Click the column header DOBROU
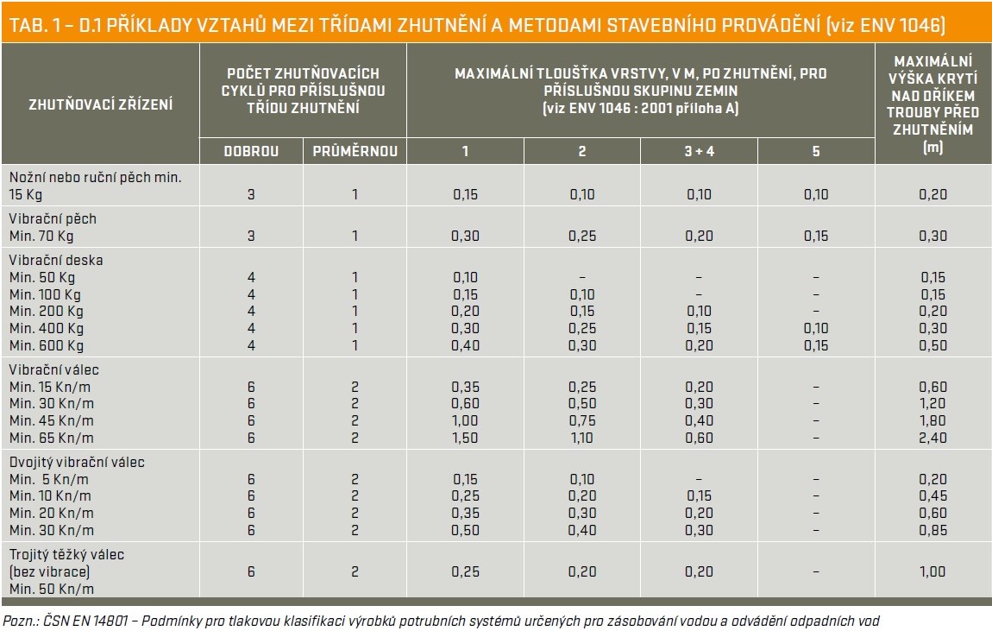pos(251,151)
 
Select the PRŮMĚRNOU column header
pos(355,151)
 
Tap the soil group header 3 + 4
pos(699,151)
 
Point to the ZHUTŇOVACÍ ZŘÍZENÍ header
pos(101,104)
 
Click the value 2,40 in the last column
pos(932,438)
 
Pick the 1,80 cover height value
pos(932,420)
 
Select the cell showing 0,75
pos(582,420)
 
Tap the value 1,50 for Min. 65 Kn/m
pos(465,438)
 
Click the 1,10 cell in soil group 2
pos(582,438)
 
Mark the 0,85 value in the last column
pos(932,530)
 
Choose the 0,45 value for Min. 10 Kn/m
pos(932,495)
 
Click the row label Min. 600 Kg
pos(47,345)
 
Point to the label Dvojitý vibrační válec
pos(77,462)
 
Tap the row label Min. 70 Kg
pos(41,236)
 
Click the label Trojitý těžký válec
pos(66,554)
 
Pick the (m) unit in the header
pos(932,148)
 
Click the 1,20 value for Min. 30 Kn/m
pos(932,403)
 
